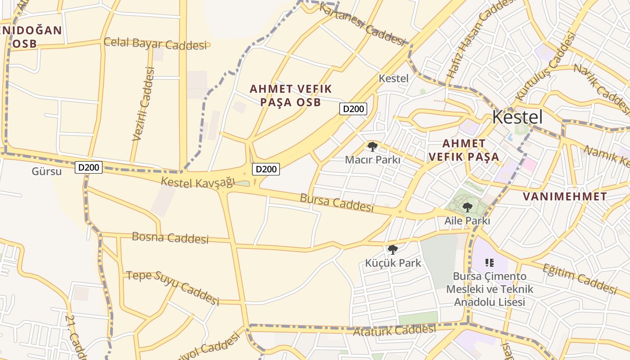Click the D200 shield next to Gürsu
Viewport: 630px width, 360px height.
(89, 167)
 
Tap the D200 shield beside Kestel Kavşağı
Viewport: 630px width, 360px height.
(265, 169)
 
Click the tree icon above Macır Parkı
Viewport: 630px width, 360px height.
(372, 147)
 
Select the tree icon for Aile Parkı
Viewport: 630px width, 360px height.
(468, 207)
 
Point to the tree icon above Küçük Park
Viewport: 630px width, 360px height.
(393, 250)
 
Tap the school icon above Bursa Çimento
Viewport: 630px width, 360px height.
(490, 262)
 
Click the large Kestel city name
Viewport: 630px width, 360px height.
(517, 117)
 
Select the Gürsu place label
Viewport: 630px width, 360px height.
(46, 171)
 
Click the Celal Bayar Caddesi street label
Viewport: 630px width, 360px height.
(157, 44)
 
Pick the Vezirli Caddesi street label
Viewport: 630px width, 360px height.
(144, 103)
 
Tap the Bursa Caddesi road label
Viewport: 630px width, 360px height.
(337, 202)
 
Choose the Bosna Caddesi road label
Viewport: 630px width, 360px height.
(170, 238)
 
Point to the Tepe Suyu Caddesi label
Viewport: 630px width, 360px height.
(173, 288)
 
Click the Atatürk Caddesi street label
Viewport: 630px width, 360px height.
(394, 331)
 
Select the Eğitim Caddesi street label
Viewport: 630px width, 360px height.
(579, 279)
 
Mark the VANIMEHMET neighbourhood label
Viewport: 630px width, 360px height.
(565, 197)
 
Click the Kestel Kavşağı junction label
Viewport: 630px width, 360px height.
(198, 182)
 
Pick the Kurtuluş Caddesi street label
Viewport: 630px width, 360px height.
(546, 66)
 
